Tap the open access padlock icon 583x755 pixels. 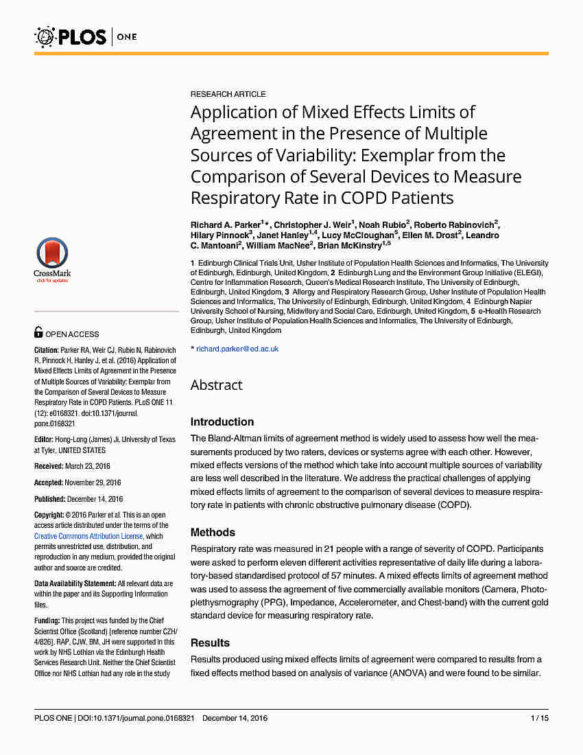[x=38, y=333]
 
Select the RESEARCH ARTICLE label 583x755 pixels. [x=228, y=94]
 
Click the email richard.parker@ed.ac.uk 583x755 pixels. [x=237, y=349]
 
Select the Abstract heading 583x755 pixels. [x=216, y=385]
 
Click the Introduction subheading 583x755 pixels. [x=222, y=421]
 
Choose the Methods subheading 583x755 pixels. [x=213, y=532]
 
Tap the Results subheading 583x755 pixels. [x=210, y=642]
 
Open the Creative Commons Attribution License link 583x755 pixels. [x=88, y=536]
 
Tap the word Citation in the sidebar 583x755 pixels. [x=47, y=350]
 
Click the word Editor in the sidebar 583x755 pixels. [x=44, y=439]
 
